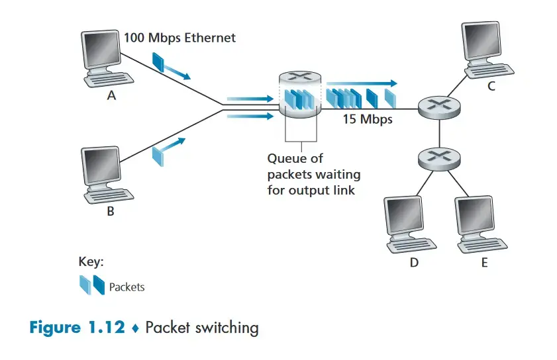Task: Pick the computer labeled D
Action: tap(411, 224)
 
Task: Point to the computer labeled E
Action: tap(481, 224)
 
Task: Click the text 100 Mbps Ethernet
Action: tap(179, 38)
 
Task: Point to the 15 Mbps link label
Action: tap(367, 120)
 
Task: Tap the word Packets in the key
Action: tap(127, 287)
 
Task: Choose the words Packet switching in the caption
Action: tap(201, 328)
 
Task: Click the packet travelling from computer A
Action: tap(160, 63)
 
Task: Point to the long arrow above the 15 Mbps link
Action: tap(362, 83)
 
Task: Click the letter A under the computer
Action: tap(111, 95)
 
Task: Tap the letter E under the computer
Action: tap(484, 263)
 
